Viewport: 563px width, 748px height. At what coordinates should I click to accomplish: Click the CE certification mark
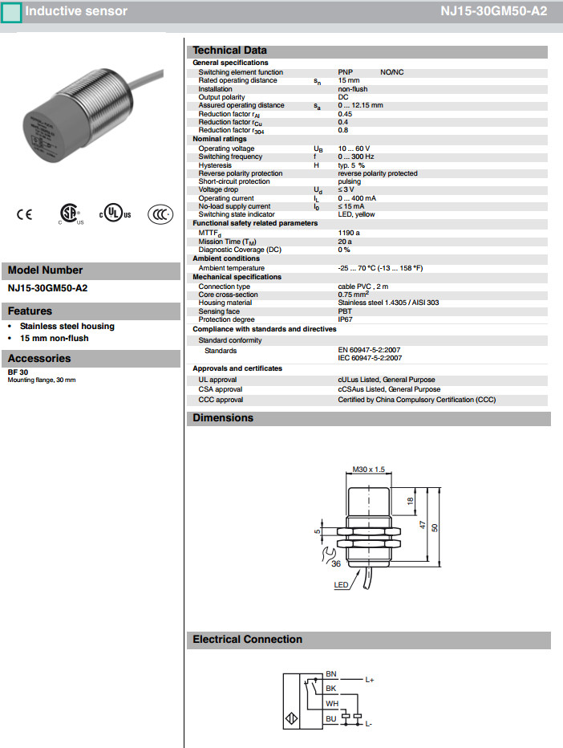point(25,214)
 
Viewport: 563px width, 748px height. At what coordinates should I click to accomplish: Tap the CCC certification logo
point(160,214)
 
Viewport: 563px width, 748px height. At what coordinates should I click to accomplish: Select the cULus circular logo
point(115,214)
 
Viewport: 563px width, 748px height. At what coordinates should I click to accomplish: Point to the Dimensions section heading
point(223,418)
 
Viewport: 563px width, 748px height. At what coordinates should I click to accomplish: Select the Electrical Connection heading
point(248,640)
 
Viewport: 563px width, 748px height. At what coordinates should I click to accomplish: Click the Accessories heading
point(39,359)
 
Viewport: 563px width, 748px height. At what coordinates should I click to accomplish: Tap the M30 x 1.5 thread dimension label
point(369,470)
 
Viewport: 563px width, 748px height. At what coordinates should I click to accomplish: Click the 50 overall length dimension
point(435,527)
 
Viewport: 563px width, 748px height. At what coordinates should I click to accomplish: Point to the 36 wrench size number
point(335,563)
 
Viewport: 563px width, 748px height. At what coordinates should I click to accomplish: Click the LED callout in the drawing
point(341,586)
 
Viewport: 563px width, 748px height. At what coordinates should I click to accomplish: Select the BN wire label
point(331,674)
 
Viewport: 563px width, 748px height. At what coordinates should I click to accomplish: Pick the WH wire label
point(331,703)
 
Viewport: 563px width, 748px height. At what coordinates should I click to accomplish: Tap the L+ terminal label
point(370,680)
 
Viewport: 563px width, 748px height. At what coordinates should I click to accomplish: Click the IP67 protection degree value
point(345,319)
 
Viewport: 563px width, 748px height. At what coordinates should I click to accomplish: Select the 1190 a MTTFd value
point(349,233)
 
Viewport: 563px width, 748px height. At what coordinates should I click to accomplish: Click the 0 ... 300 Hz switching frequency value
point(356,157)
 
